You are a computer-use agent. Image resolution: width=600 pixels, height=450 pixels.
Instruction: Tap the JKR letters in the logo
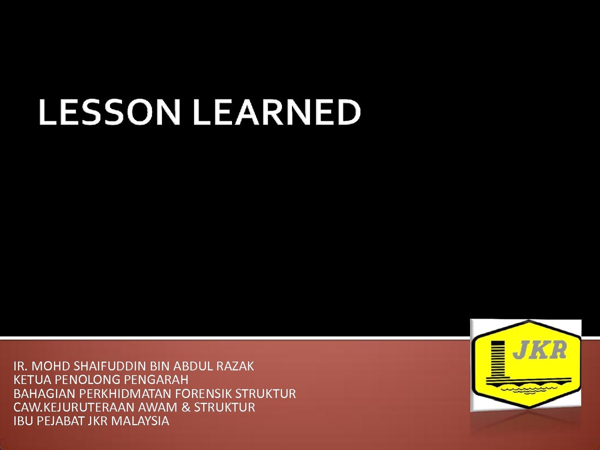(539, 350)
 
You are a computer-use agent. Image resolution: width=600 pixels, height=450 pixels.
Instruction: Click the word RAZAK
(235, 366)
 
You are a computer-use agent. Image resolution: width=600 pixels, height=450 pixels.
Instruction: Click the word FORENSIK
(203, 393)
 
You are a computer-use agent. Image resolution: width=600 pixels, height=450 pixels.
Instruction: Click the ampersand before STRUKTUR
(185, 407)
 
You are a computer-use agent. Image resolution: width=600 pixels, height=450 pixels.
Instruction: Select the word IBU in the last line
(23, 421)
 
